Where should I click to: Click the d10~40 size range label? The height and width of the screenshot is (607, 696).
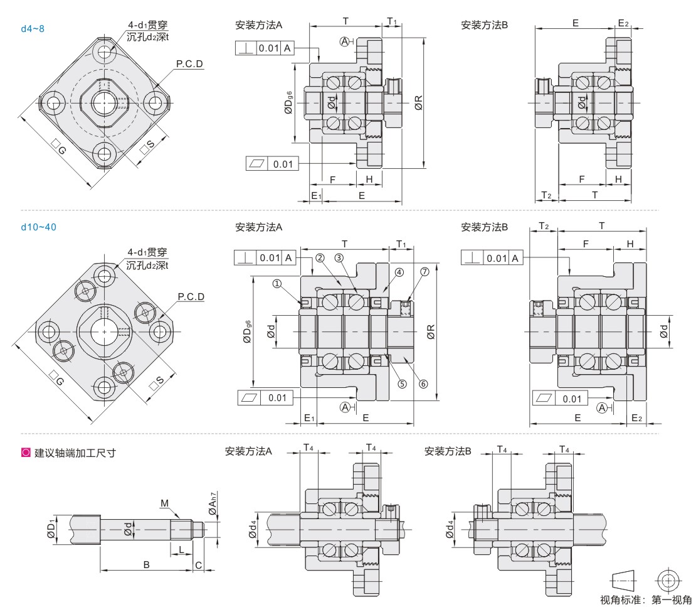coord(38,227)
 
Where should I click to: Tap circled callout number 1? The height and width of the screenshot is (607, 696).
coord(277,283)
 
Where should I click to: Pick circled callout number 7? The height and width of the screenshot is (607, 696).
coord(424,271)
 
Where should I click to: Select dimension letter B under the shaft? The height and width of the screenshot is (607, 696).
coord(146,564)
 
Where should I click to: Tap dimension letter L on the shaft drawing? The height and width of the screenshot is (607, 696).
coord(181,549)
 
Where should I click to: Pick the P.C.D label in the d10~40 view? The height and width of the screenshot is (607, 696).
coord(191,296)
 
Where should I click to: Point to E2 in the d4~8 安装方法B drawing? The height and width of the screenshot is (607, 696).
coord(623,23)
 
